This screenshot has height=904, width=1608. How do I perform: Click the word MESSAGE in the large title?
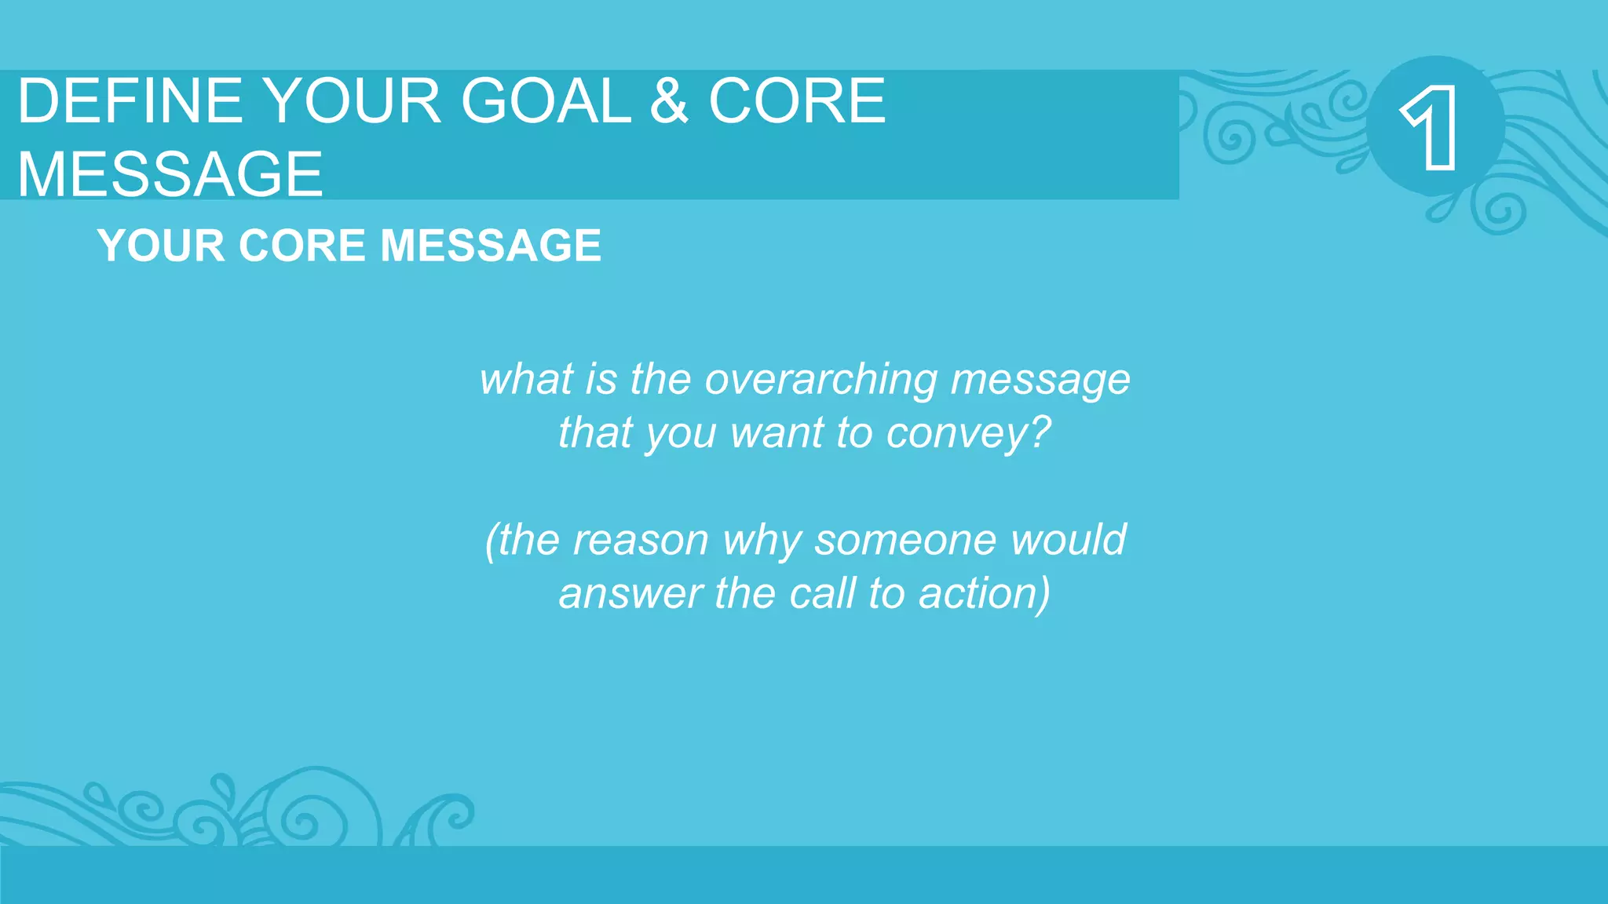pos(170,174)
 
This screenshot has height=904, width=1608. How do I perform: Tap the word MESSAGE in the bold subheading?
pos(491,246)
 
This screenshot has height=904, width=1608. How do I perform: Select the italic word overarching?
pos(820,380)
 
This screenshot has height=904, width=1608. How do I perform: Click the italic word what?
pos(526,380)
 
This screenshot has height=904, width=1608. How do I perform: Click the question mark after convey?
pos(1041,432)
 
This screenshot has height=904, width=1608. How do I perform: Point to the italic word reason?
pos(640,541)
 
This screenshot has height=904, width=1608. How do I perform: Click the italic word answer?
pos(630,594)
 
